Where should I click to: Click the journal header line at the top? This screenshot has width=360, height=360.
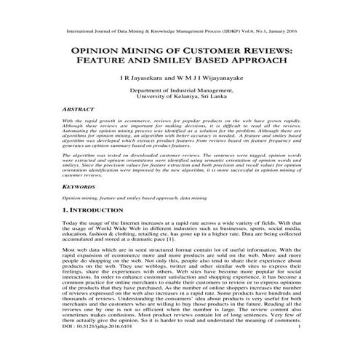coord(180,32)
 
